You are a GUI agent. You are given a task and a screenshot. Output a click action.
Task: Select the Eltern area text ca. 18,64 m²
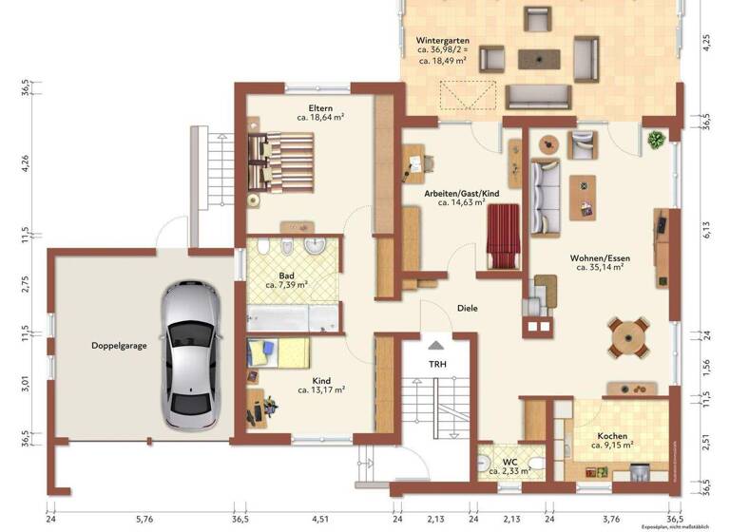pos(319,117)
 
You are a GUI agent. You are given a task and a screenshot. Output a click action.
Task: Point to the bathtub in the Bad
pos(292,317)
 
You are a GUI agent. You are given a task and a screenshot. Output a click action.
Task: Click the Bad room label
pos(286,274)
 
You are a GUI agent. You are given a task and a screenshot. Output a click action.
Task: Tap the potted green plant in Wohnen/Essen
pos(656,141)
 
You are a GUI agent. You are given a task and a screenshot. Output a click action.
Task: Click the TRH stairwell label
pos(437,364)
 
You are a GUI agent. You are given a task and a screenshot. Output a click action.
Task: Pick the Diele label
pos(467,308)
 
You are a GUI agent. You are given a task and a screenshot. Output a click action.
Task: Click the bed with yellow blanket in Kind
pos(279,352)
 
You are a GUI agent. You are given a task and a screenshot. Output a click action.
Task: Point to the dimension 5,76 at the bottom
pos(144,519)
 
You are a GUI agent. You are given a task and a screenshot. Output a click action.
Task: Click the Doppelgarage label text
pos(119,346)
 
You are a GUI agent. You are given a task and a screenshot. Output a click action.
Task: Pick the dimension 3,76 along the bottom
pos(613,519)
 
